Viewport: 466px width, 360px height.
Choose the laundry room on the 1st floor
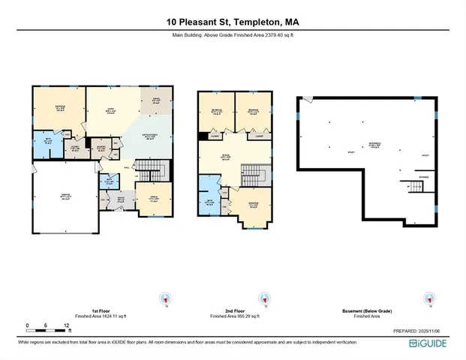coord(101,148)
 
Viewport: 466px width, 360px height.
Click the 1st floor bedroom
coord(59,109)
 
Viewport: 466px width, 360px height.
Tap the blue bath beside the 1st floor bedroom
coord(47,144)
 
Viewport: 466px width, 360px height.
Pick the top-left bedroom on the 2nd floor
coord(215,112)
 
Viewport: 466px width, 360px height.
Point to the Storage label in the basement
coord(423,177)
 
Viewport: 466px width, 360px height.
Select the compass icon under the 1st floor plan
coord(165,298)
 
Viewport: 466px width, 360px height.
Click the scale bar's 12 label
coord(68,325)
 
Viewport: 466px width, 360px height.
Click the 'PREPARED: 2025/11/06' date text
coord(420,331)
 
